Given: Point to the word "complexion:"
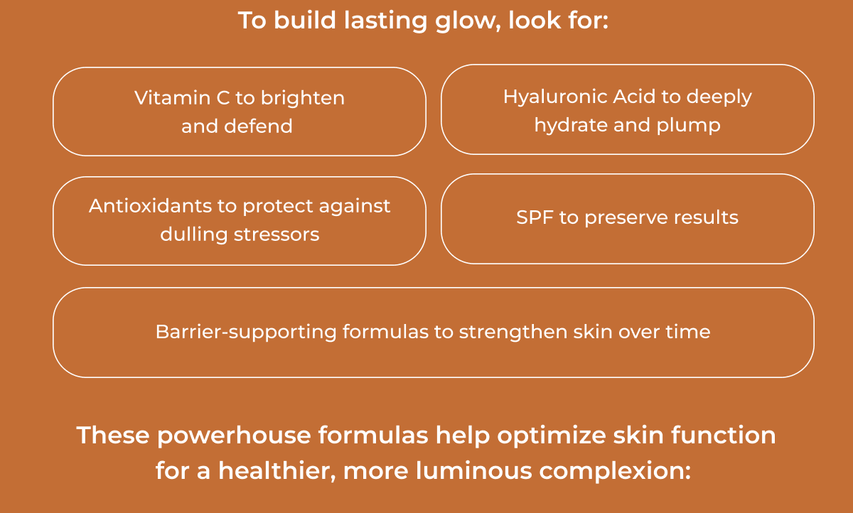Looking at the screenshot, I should [x=611, y=470].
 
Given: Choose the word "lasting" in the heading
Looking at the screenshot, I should [x=385, y=20].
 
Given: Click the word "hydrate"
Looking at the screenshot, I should [x=568, y=125].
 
